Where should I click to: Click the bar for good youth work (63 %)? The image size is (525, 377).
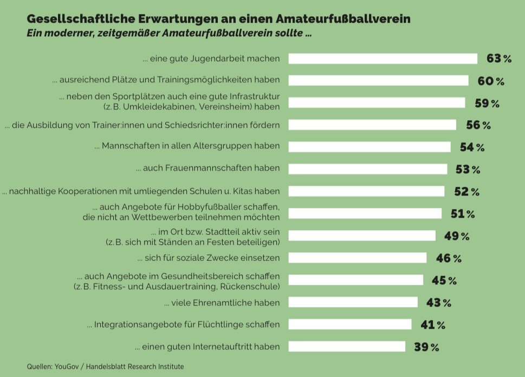pos(383,58)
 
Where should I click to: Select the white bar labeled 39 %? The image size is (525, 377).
pos(347,347)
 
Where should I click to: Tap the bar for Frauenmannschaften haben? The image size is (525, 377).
pos(368,169)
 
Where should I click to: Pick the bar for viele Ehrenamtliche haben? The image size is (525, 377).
pos(353,302)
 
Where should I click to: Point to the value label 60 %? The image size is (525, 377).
pos(491,81)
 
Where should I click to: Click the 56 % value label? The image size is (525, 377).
pos(478,125)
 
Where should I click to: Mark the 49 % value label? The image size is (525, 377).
pos(457,236)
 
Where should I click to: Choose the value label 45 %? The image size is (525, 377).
pos(444,281)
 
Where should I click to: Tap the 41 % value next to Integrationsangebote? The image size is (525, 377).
pos(433,325)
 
